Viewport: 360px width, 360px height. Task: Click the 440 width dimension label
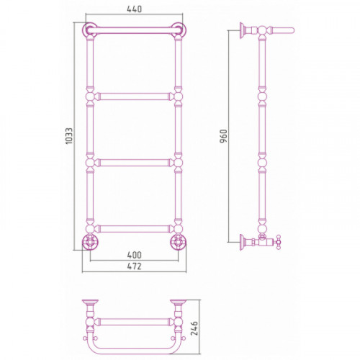(135, 9)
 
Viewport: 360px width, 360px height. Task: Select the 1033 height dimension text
(69, 136)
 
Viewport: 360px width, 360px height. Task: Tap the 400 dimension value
(135, 255)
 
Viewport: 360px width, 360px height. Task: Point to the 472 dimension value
(135, 266)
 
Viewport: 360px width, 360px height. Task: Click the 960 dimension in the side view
(223, 136)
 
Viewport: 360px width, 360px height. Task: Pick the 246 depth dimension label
(194, 328)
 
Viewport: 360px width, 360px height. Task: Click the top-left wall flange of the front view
(89, 30)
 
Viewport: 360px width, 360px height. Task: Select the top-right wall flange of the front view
(179, 30)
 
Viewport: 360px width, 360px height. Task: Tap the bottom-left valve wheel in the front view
(90, 242)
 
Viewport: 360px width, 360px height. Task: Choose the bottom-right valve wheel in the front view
(179, 242)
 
